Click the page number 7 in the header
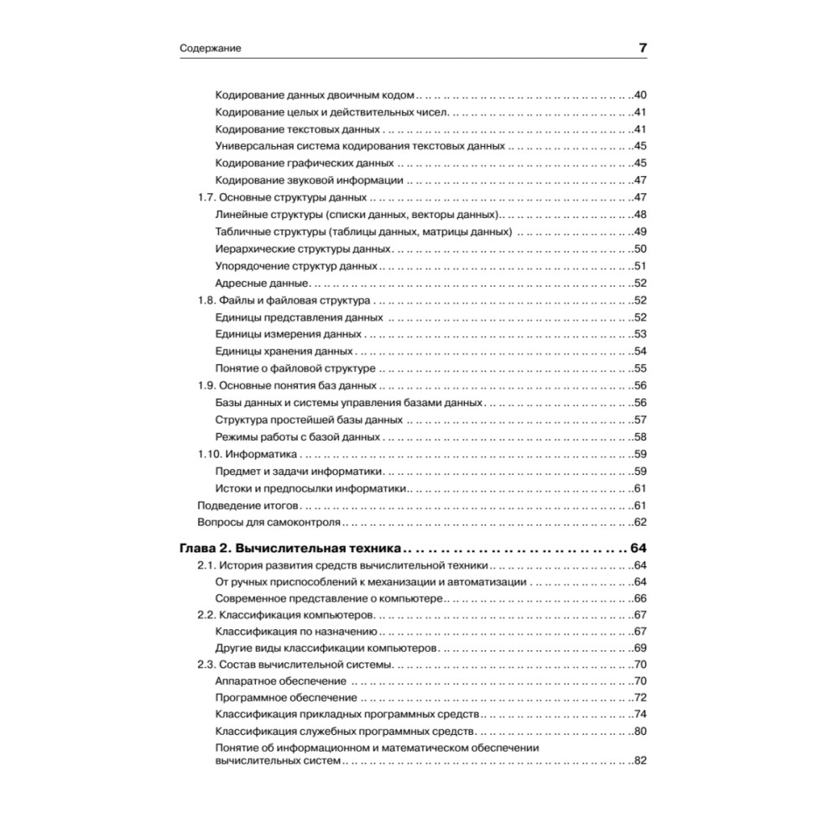[642, 48]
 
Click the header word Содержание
[211, 49]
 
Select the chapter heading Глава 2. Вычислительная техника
[290, 549]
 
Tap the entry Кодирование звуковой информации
[310, 180]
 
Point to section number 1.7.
[206, 198]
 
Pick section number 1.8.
[206, 300]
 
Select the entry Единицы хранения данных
[284, 352]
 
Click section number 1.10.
[209, 454]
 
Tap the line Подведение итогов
[247, 505]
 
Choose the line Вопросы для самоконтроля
[268, 523]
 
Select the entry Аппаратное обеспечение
[281, 681]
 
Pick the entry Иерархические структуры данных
[303, 249]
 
